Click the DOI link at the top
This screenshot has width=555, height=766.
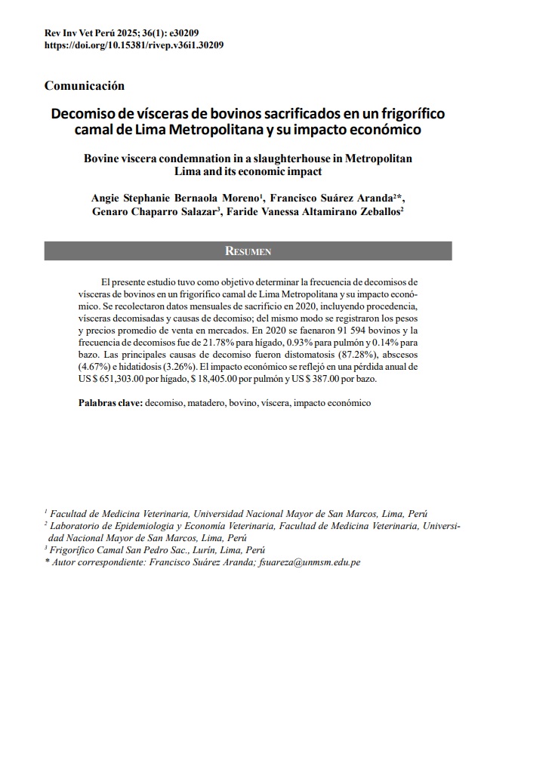point(134,45)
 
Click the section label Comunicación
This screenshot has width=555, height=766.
point(85,86)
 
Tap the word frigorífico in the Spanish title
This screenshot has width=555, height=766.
point(411,114)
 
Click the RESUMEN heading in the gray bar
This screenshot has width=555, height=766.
point(248,251)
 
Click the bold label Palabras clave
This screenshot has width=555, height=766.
point(110,403)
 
